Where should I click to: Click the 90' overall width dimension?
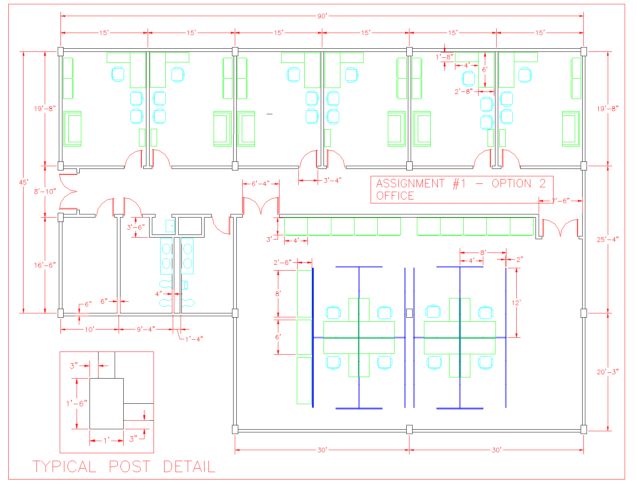click(322, 16)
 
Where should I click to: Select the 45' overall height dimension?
click(24, 182)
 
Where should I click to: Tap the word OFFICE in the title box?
click(395, 196)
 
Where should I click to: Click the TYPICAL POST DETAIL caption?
click(124, 467)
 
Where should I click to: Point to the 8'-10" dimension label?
click(45, 192)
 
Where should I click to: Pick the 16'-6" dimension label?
click(45, 265)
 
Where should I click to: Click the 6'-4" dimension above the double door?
click(260, 183)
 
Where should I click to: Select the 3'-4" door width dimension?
click(332, 180)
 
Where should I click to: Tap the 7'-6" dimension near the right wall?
click(561, 201)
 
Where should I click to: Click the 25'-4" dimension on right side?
click(607, 239)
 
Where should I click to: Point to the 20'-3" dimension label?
click(607, 372)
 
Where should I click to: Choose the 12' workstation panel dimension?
click(516, 303)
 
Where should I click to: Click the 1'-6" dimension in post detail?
click(77, 403)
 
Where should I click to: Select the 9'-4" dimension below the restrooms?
click(146, 329)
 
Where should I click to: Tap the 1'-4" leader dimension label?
click(194, 339)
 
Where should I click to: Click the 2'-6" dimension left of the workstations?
click(283, 262)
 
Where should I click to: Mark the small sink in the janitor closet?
click(170, 226)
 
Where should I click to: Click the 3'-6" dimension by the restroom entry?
click(135, 227)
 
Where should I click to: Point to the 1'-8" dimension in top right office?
click(444, 57)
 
